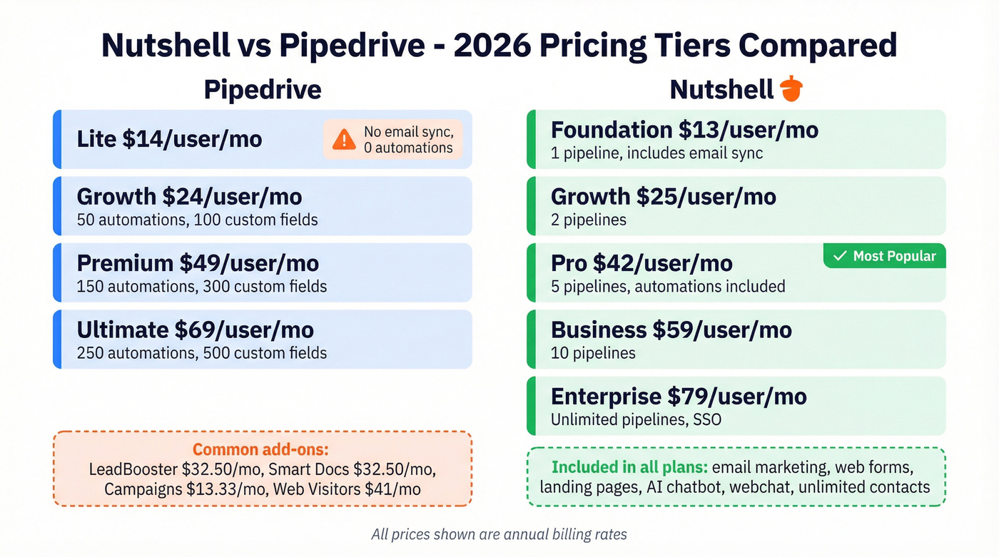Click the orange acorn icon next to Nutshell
(x=791, y=90)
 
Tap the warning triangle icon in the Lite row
(x=343, y=139)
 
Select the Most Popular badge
(x=885, y=256)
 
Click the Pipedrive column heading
(x=263, y=90)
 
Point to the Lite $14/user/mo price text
(x=169, y=139)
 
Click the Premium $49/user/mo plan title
(x=198, y=263)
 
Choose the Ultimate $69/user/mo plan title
(x=195, y=329)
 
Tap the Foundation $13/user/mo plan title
(x=684, y=130)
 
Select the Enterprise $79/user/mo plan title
(x=679, y=396)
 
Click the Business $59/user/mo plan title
(x=671, y=329)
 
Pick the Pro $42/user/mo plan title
(x=642, y=263)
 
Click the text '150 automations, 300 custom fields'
(x=202, y=287)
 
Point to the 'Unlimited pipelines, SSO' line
(x=635, y=419)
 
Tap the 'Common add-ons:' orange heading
(x=262, y=450)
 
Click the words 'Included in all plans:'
(x=629, y=468)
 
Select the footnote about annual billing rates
(x=499, y=533)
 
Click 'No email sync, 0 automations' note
(x=408, y=140)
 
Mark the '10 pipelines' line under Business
(x=592, y=353)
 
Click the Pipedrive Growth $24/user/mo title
(x=189, y=196)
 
